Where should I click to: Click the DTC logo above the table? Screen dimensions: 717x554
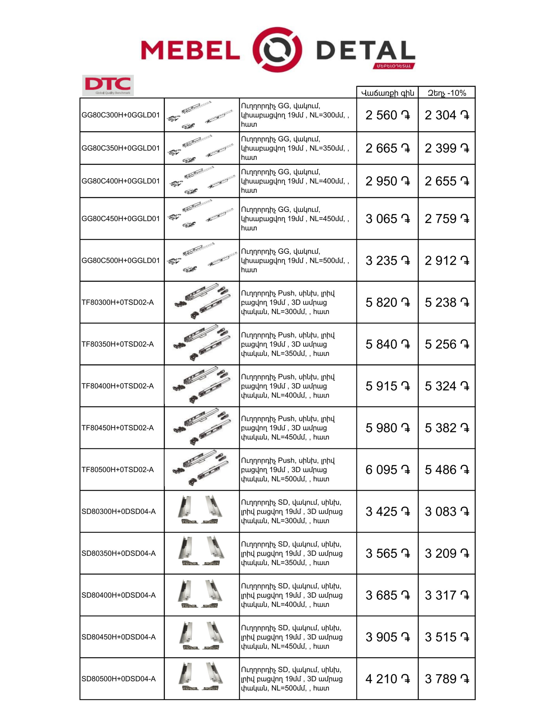108,85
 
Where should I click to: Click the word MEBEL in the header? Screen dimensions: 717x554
190,50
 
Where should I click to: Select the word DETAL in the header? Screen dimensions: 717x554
366,51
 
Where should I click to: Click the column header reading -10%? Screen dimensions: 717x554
447,93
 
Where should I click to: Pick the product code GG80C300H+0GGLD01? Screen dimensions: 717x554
120,115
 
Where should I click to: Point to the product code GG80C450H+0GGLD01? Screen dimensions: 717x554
120,219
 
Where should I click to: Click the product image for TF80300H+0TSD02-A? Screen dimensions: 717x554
202,302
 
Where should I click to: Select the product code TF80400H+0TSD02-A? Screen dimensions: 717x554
118,386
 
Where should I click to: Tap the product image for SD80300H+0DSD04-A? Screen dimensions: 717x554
202,511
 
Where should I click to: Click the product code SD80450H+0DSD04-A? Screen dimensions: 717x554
118,637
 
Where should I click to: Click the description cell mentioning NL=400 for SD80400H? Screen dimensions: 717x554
292,595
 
